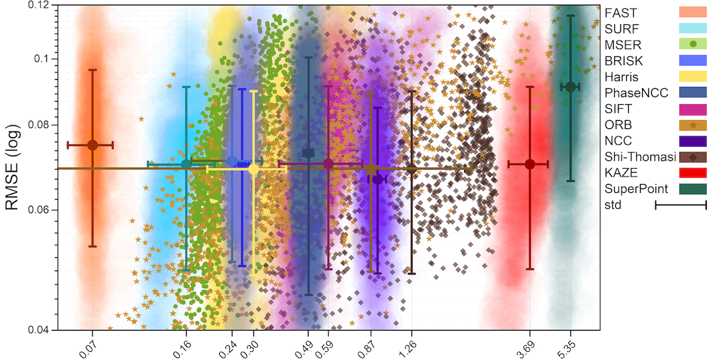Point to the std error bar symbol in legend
(681, 204)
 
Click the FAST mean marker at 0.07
(92, 145)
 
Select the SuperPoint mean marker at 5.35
(570, 87)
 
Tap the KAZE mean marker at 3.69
(530, 164)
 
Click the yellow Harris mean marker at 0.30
(253, 169)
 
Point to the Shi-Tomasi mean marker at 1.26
(412, 169)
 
